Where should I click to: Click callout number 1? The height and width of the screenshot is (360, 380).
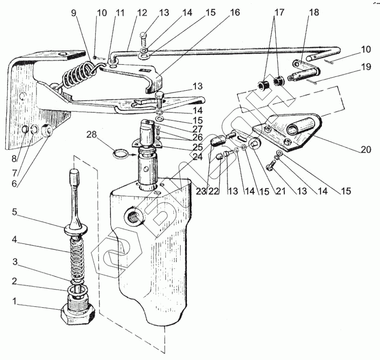pos(16,302)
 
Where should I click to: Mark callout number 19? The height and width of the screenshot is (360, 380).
pos(366,67)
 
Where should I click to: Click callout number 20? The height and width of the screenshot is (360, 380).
pos(366,150)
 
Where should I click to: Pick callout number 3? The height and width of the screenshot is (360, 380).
pos(15,262)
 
